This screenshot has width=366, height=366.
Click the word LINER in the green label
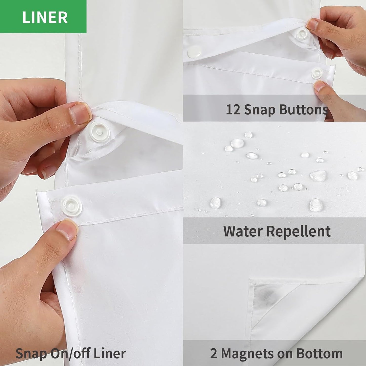(x=45, y=17)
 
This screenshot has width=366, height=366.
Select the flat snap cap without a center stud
(x=195, y=52)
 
